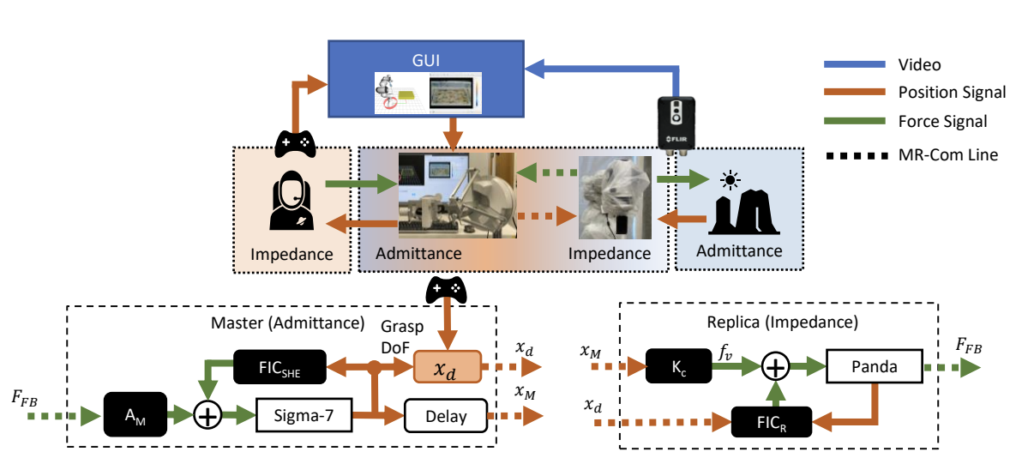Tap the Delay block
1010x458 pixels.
point(445,417)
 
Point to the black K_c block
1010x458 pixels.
point(677,366)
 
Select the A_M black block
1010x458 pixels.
point(135,417)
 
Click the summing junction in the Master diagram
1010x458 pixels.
point(207,417)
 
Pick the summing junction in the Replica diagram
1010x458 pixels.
point(776,366)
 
